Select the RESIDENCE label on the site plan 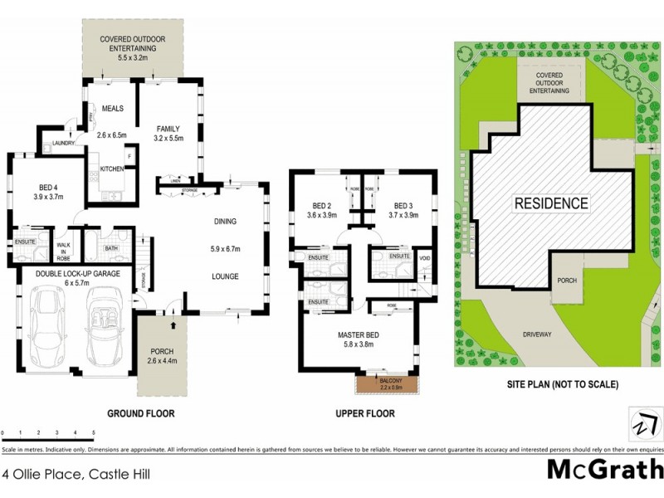550,203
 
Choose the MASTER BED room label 359,334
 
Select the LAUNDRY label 63,144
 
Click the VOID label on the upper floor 424,258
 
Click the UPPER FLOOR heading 365,413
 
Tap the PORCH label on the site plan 567,281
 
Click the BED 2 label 322,206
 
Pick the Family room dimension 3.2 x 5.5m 168,139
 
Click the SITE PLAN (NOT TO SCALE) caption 562,385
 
